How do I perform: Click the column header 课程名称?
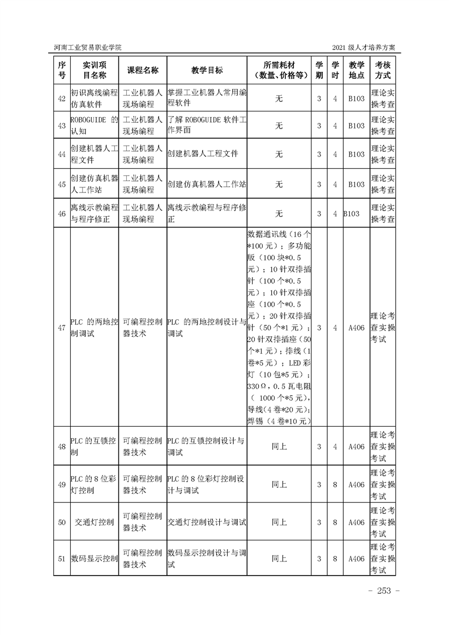(143, 70)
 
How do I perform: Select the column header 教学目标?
(207, 70)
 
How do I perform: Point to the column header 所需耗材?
(279, 65)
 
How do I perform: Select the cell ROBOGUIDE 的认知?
(94, 126)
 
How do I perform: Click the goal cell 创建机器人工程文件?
(203, 153)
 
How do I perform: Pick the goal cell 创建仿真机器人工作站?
(207, 185)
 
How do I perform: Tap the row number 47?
(62, 328)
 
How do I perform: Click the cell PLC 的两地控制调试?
(94, 328)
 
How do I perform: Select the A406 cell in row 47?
(356, 328)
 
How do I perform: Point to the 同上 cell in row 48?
(279, 447)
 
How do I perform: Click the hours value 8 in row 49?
(335, 484)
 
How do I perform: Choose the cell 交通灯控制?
(94, 522)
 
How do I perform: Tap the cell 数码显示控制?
(94, 559)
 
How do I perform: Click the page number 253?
(384, 591)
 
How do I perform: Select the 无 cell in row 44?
(279, 153)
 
